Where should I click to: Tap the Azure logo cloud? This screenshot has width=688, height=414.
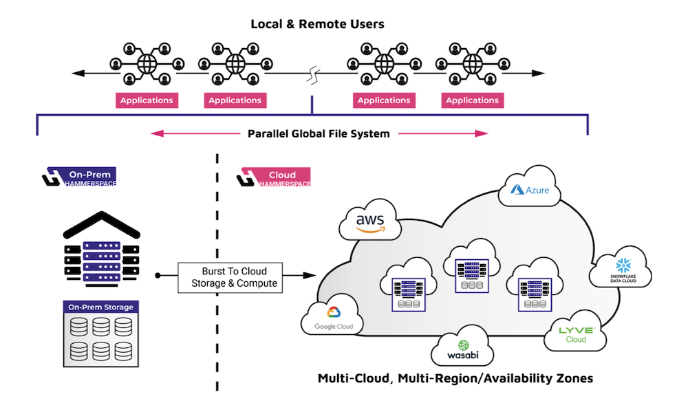529,188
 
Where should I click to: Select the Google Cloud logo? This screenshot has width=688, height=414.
334,318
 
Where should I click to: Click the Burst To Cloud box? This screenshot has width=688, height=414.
230,276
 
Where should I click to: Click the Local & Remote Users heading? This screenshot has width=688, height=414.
317,24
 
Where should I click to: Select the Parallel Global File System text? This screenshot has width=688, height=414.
319,133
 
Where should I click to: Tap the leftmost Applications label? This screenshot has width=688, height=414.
147,100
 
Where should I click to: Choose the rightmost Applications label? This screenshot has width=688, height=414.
472,100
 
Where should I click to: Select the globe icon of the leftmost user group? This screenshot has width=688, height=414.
147,64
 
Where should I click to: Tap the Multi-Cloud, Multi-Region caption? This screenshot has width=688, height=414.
455,378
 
